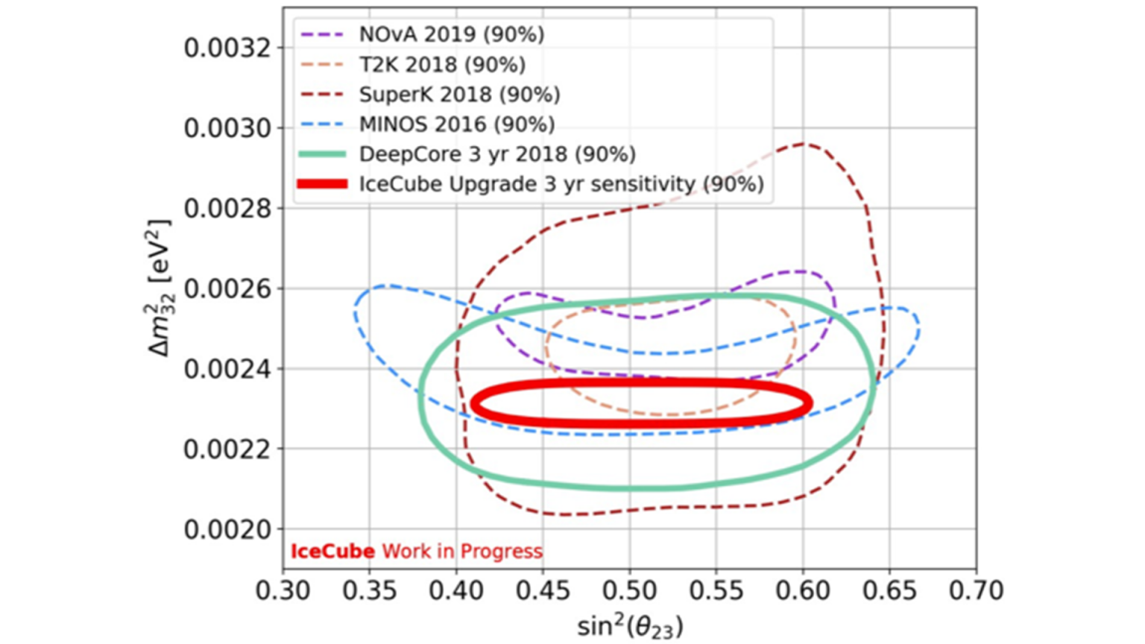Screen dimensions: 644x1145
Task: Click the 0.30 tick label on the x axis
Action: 283,590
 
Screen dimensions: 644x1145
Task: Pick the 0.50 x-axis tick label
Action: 630,590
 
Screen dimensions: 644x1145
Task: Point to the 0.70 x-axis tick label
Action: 977,590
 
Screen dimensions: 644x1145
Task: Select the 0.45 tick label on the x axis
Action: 543,590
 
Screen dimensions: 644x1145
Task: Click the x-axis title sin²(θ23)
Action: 630,625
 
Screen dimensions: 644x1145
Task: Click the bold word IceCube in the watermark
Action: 332,552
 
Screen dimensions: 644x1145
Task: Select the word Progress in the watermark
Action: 501,552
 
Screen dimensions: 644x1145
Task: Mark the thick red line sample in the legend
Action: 322,184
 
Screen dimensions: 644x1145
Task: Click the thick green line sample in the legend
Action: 322,154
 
